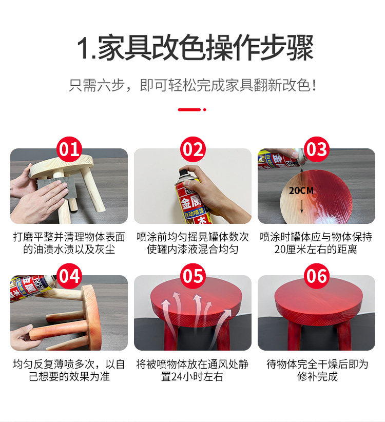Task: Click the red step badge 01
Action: tap(69, 149)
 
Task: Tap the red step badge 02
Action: tap(193, 149)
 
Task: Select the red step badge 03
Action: tap(317, 149)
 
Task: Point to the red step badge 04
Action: tap(69, 276)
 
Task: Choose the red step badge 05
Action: tap(193, 276)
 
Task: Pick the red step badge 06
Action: tap(317, 276)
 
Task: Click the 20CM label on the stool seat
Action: tap(301, 191)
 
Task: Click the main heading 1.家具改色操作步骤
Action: tap(195, 47)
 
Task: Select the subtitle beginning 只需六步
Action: tap(192, 85)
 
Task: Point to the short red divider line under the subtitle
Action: tap(189, 109)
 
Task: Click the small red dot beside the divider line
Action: tap(205, 109)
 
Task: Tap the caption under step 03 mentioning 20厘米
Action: tap(316, 243)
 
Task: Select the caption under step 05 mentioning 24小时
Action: tap(192, 370)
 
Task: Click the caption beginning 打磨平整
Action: tap(69, 243)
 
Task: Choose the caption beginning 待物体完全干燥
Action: tap(317, 370)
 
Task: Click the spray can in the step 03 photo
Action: tap(281, 159)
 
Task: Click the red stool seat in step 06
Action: tap(319, 300)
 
